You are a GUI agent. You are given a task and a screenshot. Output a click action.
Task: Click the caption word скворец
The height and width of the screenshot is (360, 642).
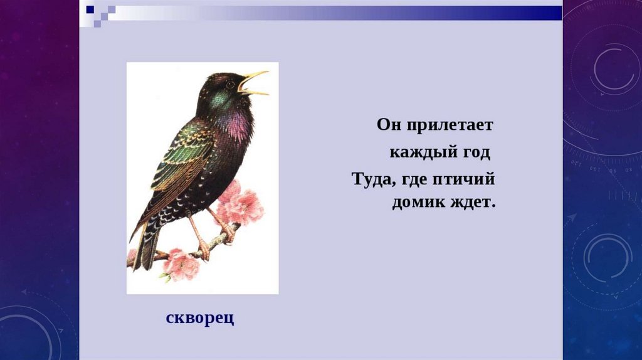point(200,318)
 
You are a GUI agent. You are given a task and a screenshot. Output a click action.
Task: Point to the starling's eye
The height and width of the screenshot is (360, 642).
point(230,84)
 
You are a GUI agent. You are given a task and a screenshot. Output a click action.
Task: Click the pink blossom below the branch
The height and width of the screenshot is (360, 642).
point(181,264)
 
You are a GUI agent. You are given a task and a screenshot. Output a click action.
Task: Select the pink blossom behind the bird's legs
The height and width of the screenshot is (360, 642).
point(241,204)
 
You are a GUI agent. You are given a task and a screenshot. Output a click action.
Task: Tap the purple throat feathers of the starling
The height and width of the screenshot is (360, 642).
point(237,122)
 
